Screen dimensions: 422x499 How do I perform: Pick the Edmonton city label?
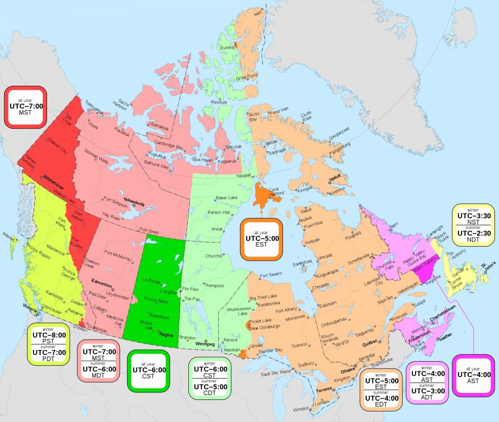101,284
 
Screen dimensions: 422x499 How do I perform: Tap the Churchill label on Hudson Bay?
213,256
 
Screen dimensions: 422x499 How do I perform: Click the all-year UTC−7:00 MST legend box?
26,107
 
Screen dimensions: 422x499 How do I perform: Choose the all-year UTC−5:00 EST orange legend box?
262,239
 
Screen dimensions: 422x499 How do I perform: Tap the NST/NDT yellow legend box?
474,225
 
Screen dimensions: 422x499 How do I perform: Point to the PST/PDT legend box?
49,344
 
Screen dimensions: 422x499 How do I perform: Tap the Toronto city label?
324,390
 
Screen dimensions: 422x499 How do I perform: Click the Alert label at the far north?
258,14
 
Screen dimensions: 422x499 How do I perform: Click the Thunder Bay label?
270,351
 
